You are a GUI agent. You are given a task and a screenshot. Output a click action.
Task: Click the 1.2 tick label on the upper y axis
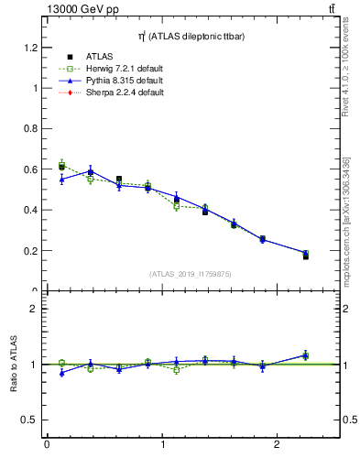click(29, 48)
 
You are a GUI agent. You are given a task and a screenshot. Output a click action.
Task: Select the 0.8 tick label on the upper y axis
click(29, 129)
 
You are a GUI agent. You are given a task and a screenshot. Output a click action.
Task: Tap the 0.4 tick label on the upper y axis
click(29, 210)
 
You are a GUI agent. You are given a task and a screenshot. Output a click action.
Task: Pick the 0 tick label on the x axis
click(47, 446)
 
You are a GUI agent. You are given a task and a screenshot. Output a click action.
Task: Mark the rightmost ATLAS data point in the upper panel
click(305, 256)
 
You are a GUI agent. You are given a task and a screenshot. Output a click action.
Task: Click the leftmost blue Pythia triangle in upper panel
click(61, 180)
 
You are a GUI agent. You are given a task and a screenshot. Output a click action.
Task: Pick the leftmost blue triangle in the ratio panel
click(61, 373)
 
